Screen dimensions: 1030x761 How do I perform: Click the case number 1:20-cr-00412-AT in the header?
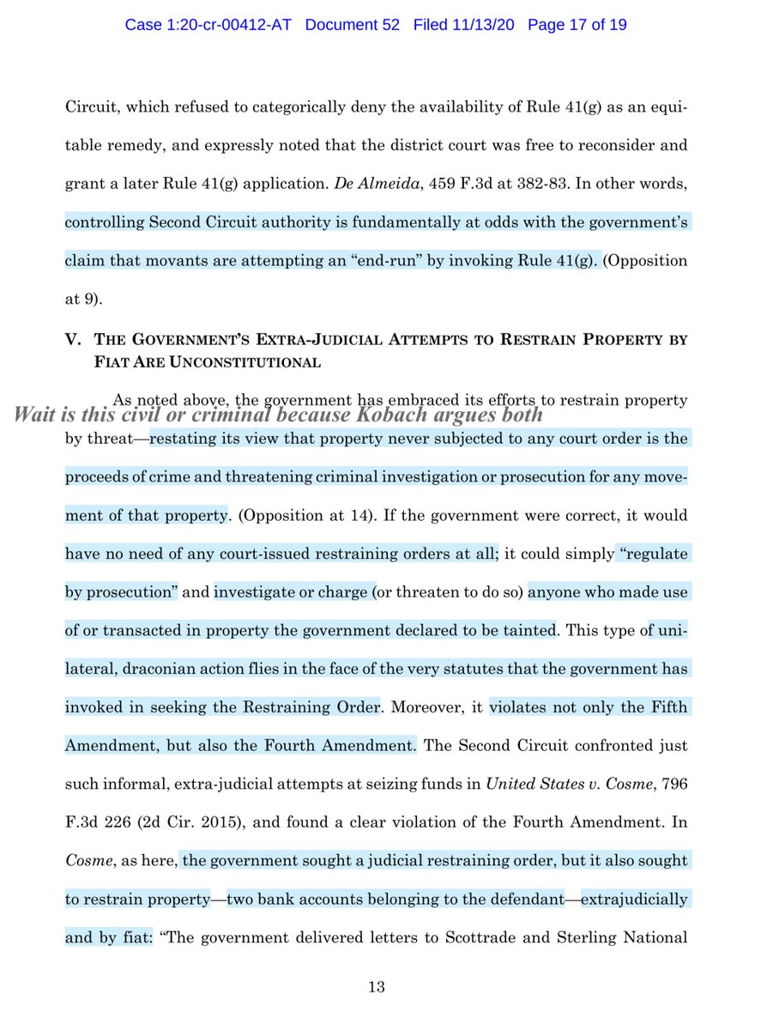click(x=207, y=26)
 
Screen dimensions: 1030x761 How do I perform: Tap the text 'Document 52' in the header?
click(x=353, y=26)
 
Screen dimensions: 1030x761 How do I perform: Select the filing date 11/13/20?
click(x=487, y=26)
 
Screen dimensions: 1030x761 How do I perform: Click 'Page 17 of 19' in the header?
click(x=577, y=26)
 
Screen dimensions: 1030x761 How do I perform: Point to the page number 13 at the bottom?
click(x=376, y=987)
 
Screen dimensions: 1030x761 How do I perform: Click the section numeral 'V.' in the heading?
click(x=73, y=339)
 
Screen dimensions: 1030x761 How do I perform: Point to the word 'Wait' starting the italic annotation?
click(x=35, y=415)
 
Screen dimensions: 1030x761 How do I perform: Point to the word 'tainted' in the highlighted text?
click(x=531, y=631)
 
